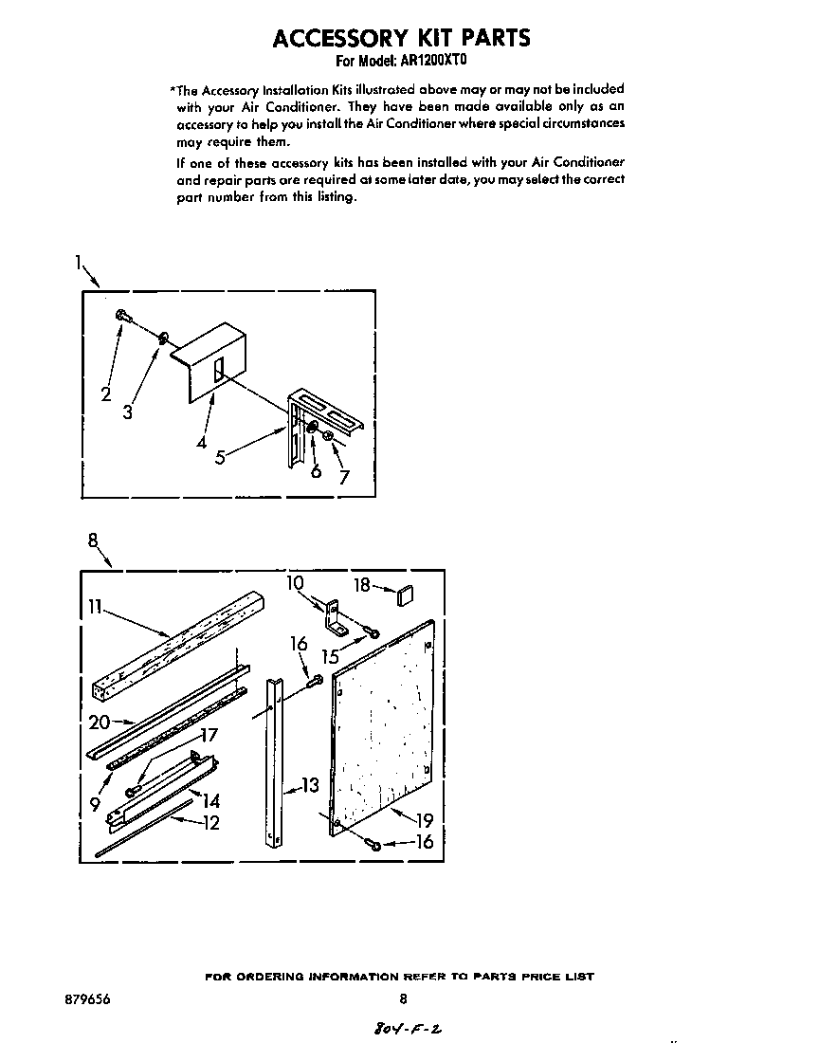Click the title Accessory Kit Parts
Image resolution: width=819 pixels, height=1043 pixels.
(x=402, y=37)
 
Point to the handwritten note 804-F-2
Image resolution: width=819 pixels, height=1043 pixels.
(x=401, y=1028)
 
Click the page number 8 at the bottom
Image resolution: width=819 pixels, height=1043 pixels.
(x=403, y=998)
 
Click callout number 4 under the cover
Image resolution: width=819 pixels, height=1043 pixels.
(x=202, y=442)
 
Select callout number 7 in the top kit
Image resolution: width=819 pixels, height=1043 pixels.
(x=343, y=478)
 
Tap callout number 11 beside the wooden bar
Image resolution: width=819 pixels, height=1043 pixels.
(x=94, y=606)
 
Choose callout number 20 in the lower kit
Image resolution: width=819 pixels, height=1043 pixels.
(x=100, y=722)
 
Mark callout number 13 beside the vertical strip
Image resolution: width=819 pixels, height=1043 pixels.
(x=310, y=784)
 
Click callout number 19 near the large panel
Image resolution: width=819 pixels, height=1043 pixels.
(x=423, y=820)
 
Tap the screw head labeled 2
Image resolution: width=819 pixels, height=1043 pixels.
(x=122, y=316)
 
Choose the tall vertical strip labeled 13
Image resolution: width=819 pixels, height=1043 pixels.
(x=274, y=759)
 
